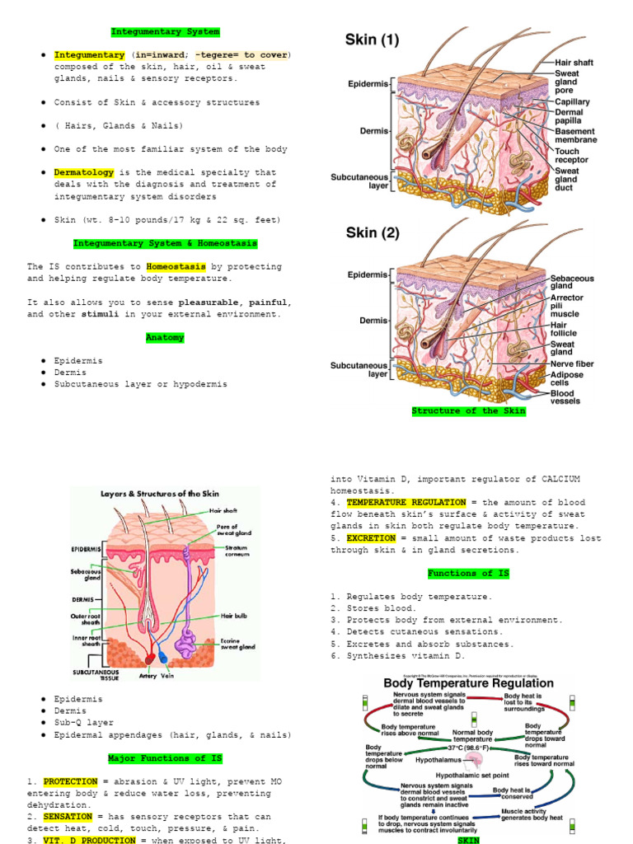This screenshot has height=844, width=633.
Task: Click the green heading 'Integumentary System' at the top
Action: click(x=166, y=32)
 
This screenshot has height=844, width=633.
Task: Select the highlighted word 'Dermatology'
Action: click(x=81, y=173)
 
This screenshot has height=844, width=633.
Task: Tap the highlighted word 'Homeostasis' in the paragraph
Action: click(x=176, y=267)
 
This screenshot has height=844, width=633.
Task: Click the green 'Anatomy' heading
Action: click(x=166, y=338)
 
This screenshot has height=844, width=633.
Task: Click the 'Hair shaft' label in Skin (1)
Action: click(x=574, y=63)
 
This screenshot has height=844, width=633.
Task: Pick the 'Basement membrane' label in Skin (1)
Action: click(x=576, y=136)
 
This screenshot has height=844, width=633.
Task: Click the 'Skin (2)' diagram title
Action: click(x=373, y=233)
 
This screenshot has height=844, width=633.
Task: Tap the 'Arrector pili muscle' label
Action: click(x=567, y=305)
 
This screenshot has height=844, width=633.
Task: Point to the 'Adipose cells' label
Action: click(x=567, y=379)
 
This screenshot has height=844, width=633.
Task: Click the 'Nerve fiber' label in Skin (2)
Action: click(x=572, y=363)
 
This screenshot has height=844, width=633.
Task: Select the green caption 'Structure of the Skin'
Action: click(x=468, y=410)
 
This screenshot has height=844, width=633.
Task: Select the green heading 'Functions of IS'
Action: click(x=468, y=573)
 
